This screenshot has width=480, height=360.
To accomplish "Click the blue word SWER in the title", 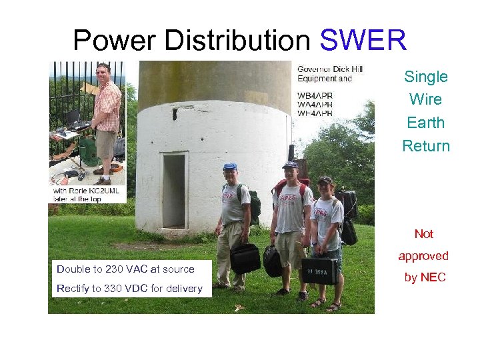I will [363, 41].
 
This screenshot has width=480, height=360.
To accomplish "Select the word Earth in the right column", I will [425, 123].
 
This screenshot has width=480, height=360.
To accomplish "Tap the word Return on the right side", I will [425, 146].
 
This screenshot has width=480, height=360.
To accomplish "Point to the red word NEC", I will [433, 277].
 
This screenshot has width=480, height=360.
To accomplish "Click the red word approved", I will [423, 256].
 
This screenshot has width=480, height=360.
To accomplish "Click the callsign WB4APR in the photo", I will [315, 95].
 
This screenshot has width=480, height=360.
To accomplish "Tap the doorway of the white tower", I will [173, 191].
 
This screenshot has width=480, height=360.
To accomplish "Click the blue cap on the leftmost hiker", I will [230, 166].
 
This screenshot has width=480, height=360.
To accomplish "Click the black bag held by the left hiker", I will [245, 257].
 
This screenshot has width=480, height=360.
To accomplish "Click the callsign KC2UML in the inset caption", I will [108, 191].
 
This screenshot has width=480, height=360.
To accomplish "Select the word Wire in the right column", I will [425, 100].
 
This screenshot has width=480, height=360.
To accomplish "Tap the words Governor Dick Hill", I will [329, 69].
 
